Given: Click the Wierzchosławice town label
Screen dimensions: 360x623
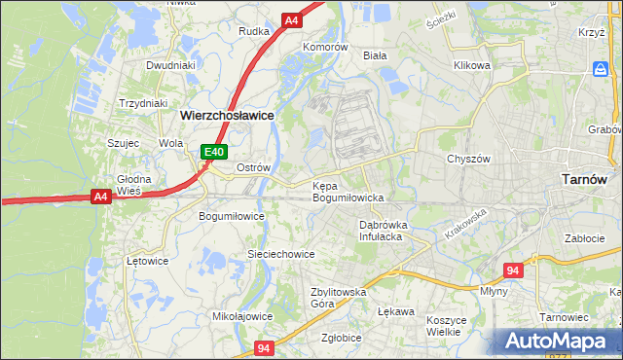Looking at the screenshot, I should (227, 114).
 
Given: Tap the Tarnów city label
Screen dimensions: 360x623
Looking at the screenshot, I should (585, 179).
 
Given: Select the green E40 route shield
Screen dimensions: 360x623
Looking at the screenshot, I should (214, 152).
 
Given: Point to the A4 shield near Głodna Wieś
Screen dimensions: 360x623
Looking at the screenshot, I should (100, 197).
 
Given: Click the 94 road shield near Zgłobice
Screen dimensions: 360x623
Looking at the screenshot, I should (264, 346).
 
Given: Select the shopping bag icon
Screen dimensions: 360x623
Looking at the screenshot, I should (601, 70).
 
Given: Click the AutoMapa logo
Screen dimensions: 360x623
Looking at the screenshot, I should (556, 342).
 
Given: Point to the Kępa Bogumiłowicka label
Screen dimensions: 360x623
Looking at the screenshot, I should (348, 191).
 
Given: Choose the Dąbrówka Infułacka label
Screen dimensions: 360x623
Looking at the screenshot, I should (381, 230).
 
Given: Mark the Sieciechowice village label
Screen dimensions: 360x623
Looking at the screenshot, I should (280, 254).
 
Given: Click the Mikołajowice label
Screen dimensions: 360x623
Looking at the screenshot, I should (242, 316).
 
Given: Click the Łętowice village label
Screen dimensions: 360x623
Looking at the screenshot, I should (148, 261).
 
